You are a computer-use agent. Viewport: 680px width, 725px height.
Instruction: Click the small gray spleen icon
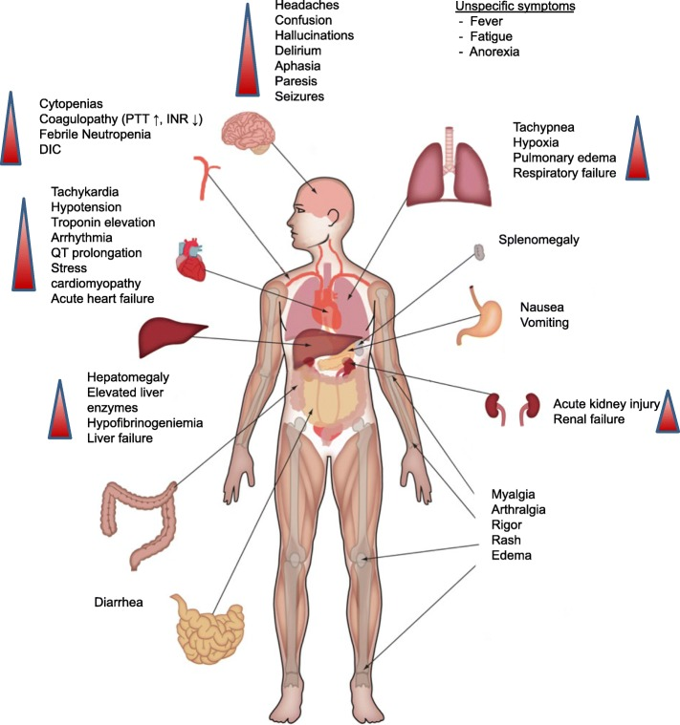(x=478, y=253)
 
